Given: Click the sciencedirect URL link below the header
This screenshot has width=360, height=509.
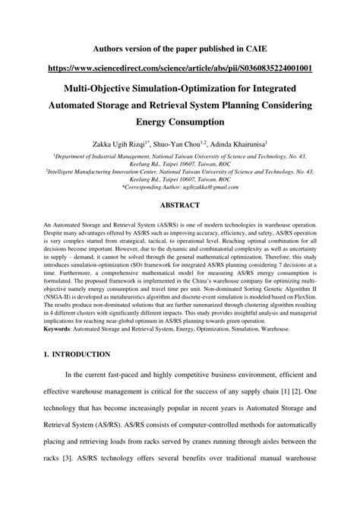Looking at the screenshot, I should click(180, 67).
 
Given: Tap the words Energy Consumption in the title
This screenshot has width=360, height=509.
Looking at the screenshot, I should click(180, 122).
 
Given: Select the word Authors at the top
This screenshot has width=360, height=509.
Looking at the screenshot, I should click(110, 46).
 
